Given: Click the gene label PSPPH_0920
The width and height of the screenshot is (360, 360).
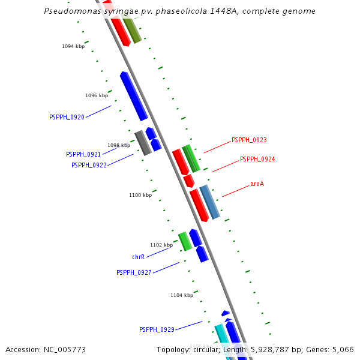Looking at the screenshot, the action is [67, 118].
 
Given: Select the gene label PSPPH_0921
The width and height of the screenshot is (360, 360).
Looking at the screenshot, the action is [83, 155].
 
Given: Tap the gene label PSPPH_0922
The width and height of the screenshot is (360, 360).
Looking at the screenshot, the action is [89, 166].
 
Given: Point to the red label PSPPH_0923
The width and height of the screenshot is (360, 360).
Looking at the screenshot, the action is [249, 140].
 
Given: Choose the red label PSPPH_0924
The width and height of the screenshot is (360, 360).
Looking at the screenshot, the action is [257, 160].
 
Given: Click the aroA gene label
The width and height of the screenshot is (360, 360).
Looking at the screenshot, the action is [257, 184].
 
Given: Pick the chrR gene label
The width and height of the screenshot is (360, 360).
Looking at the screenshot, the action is [138, 257].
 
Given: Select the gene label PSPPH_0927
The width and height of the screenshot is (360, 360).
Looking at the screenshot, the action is [134, 273].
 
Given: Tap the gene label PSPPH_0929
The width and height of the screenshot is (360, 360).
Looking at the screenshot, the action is [157, 330].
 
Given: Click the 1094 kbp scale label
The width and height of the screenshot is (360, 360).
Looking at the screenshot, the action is [73, 46].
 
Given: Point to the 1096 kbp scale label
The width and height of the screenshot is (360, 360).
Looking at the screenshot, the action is [97, 95].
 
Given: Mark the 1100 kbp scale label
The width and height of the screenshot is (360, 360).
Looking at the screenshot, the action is [140, 195].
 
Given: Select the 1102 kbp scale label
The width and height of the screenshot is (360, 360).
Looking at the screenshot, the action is [161, 245].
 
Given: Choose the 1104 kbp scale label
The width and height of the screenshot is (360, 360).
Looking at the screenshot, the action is [182, 295].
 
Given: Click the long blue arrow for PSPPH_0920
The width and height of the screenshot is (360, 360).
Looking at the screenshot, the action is [134, 95].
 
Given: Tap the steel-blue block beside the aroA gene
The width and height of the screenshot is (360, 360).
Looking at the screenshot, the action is [210, 202].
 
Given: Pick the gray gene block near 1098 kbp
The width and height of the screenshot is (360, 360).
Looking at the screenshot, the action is [143, 143].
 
